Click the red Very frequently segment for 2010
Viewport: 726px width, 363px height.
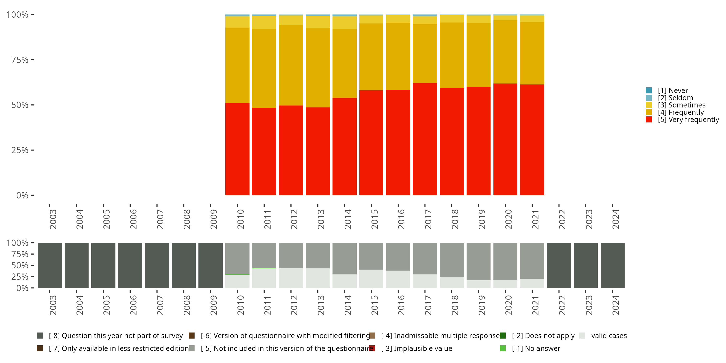pyautogui.click(x=237, y=149)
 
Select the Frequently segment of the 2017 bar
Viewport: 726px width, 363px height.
pyautogui.click(x=425, y=53)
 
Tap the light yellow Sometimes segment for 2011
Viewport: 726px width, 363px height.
pyautogui.click(x=264, y=22)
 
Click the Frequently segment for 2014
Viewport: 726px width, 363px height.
pyautogui.click(x=344, y=63)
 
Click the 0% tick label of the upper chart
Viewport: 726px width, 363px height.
pyautogui.click(x=22, y=195)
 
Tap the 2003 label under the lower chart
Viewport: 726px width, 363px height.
pyautogui.click(x=53, y=305)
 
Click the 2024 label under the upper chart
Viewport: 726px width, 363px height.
pyautogui.click(x=615, y=219)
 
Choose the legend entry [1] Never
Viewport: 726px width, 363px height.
pyautogui.click(x=673, y=91)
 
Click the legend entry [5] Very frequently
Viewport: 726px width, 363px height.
pyautogui.click(x=688, y=120)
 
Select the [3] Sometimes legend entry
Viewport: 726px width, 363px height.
pyautogui.click(x=681, y=105)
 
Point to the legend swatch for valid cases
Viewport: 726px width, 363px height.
pyautogui.click(x=582, y=336)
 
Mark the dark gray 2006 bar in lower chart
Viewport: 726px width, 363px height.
pyautogui.click(x=130, y=265)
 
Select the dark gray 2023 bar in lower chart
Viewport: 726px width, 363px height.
pyautogui.click(x=586, y=265)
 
